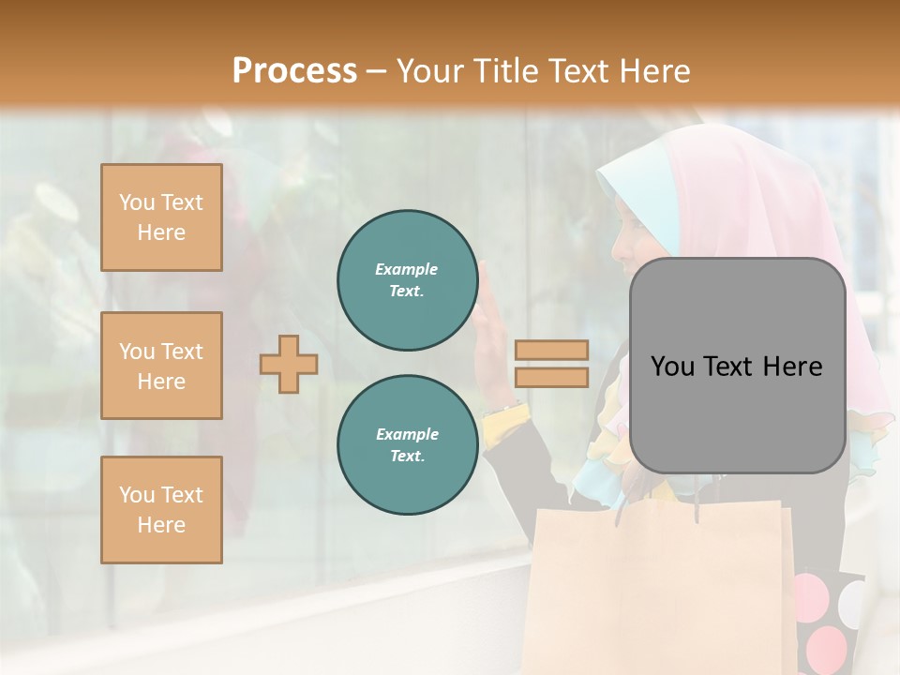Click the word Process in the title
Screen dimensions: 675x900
click(x=294, y=71)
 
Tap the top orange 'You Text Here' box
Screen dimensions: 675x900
click(x=161, y=217)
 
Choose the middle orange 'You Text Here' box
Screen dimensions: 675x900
click(x=161, y=366)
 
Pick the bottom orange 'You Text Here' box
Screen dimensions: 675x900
click(x=161, y=510)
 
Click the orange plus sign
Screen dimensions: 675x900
click(x=289, y=364)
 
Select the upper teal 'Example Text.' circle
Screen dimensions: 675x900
click(x=407, y=280)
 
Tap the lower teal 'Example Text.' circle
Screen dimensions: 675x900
click(x=407, y=445)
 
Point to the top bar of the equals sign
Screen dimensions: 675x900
click(x=551, y=350)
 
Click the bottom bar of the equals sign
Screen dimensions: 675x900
click(x=551, y=377)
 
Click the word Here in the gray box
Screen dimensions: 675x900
click(x=792, y=367)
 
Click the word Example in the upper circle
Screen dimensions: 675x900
click(x=407, y=269)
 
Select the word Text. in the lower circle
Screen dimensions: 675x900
click(x=407, y=457)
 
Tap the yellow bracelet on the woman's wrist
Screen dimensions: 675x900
click(x=509, y=411)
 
